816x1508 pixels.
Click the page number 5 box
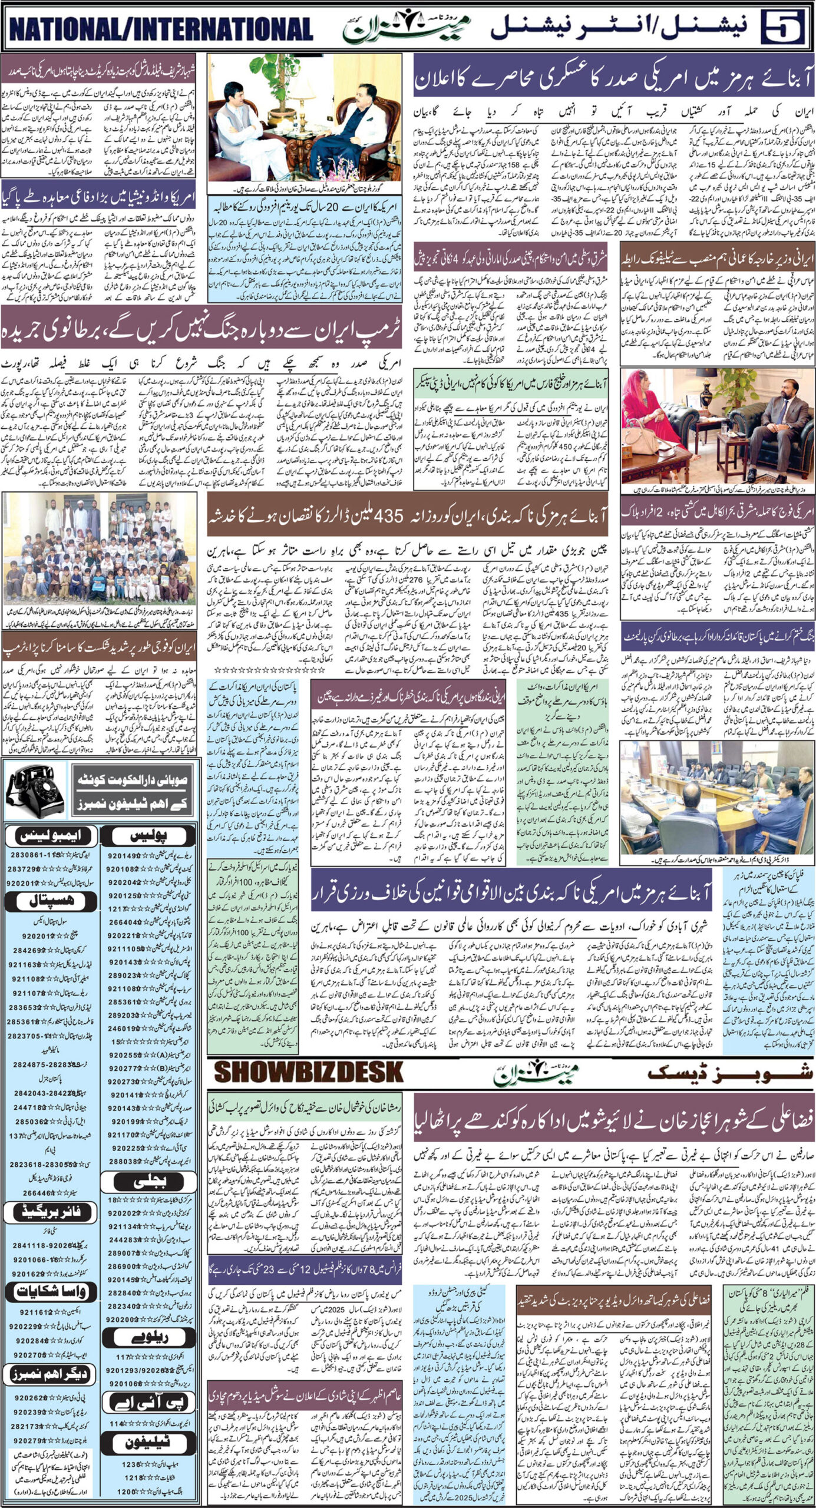784,28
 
